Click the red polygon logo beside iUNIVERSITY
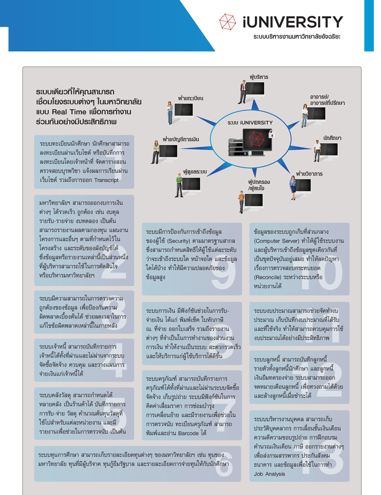227,21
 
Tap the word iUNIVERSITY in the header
293,22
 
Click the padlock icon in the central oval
272,134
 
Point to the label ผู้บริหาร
259,77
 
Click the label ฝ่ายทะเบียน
191,98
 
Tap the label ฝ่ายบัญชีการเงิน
181,139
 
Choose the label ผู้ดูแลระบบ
195,172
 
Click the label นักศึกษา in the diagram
332,138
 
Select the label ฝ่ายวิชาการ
309,174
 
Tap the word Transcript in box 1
106,180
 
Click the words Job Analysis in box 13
269,474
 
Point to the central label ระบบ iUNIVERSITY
250,123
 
